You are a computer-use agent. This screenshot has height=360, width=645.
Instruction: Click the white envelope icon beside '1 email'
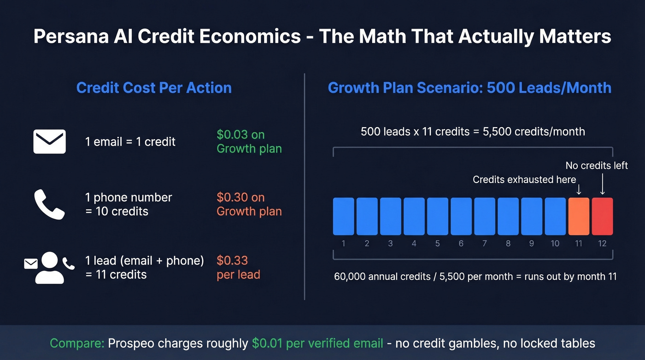point(50,142)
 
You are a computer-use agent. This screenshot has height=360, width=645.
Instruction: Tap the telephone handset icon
point(49,204)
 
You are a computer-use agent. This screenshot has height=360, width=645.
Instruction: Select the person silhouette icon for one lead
point(49,268)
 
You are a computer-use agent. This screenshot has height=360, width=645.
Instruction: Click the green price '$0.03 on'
point(240,135)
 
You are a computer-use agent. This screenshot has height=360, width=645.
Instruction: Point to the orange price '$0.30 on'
point(240,198)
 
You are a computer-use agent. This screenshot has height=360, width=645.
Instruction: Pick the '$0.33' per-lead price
point(232,260)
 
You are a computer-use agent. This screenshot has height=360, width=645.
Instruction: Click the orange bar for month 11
point(579,216)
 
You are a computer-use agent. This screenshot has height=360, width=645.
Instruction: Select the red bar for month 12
point(602,216)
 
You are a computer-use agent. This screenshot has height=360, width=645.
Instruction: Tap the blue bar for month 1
point(344,216)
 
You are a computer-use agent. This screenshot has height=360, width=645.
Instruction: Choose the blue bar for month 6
point(461,216)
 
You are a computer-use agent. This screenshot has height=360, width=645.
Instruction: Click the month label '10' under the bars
point(555,243)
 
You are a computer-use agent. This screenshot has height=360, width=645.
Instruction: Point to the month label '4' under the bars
point(414,243)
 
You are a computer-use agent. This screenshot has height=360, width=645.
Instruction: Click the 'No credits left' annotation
point(597,165)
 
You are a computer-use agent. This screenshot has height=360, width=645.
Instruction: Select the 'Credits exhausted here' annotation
point(524,180)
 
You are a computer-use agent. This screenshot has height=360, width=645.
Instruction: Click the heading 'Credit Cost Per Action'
point(154,88)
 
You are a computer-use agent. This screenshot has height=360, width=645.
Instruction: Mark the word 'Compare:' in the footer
point(77,343)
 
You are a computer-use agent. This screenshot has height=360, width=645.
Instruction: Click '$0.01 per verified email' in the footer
point(317,343)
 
